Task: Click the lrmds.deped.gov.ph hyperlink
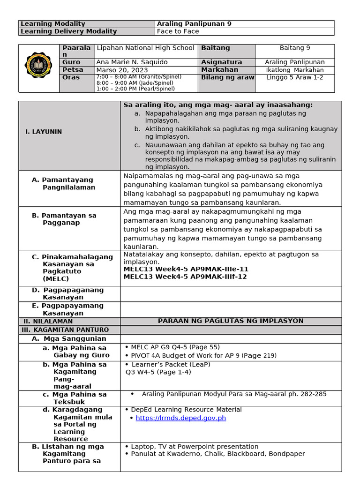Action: coord(180,418)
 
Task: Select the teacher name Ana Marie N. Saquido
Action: coord(131,62)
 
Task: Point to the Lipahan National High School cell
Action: coord(145,48)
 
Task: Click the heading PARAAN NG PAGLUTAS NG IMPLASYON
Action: coord(231,321)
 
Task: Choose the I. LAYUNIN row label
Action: coord(44,132)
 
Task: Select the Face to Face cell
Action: coord(178,31)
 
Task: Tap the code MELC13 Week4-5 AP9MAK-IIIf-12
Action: coord(186,277)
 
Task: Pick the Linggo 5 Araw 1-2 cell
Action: coord(294,77)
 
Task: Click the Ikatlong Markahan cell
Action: coord(294,70)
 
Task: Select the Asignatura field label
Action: coord(221,62)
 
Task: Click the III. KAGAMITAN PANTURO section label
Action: coord(66,330)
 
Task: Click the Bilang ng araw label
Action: coord(227,77)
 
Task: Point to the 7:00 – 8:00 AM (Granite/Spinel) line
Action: coord(138,76)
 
